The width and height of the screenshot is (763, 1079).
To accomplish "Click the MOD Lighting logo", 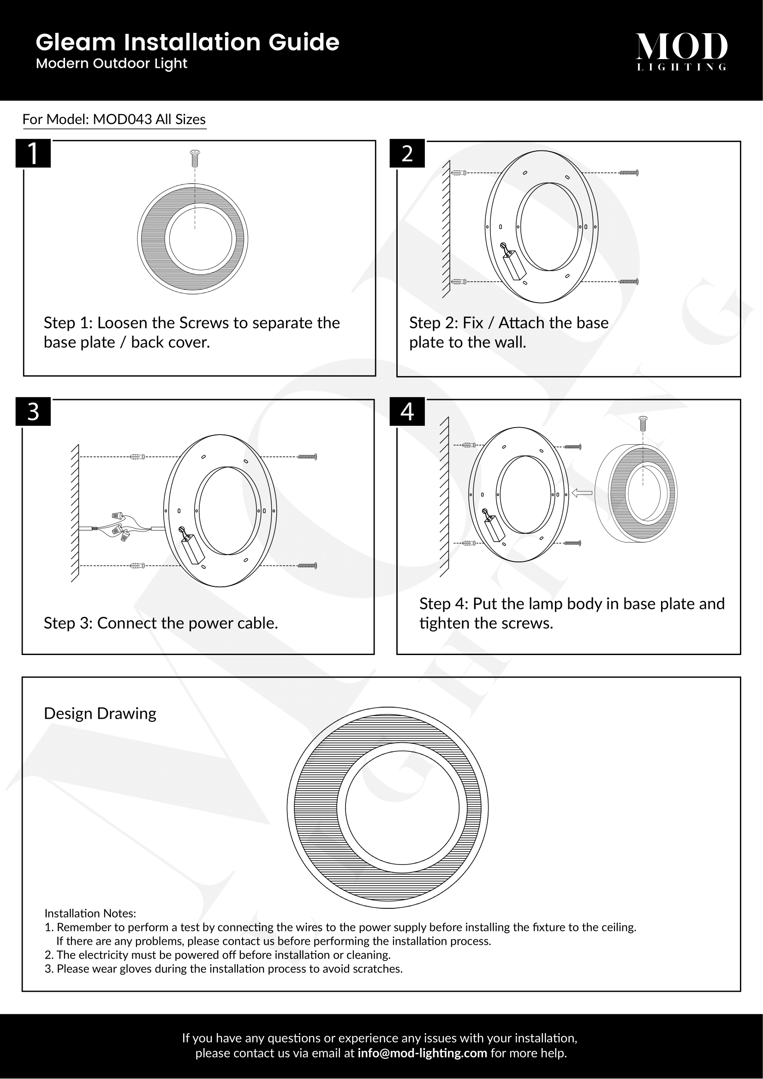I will point(681,51).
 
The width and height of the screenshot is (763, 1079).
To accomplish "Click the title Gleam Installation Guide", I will point(187,42).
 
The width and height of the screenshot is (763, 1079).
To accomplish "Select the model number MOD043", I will point(122,119).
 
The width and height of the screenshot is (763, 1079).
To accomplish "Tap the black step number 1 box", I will point(33,153).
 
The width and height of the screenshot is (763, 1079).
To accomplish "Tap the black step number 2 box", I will point(407,153).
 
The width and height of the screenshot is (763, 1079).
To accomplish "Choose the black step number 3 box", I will point(33,411).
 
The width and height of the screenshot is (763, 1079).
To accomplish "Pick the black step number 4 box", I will point(407,411).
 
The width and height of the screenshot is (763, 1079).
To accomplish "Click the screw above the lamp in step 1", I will point(195,159).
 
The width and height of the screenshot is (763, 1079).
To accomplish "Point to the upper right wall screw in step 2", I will point(628,173).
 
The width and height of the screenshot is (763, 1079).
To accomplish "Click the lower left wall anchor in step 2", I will point(459,282).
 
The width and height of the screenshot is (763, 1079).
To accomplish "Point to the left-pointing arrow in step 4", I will point(582,493).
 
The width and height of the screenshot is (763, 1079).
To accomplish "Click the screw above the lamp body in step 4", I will point(643,423).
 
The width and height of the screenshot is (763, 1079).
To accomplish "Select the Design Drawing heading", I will point(100,713).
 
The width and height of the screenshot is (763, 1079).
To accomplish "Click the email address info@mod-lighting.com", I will point(422,1053).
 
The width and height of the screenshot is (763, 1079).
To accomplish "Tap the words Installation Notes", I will point(90,913).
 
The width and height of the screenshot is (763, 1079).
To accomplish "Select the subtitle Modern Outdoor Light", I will point(111,64).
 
